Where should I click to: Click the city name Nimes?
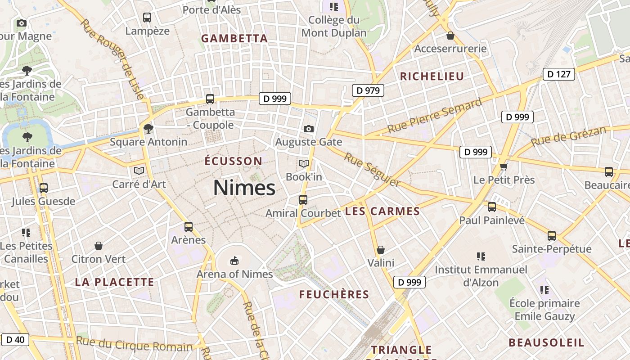(x=244, y=188)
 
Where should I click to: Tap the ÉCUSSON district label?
(x=233, y=161)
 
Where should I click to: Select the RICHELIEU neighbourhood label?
(x=432, y=76)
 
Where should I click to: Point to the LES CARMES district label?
(x=382, y=211)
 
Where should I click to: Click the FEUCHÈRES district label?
(x=334, y=294)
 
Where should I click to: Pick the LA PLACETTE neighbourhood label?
(x=114, y=282)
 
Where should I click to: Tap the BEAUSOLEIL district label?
(x=546, y=342)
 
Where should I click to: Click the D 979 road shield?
(x=368, y=90)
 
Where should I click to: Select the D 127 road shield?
(x=559, y=74)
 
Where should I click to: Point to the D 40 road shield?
(x=16, y=339)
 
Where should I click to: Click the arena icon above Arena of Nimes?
(x=234, y=261)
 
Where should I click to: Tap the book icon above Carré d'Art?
(x=139, y=171)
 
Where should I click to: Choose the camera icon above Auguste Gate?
(x=308, y=129)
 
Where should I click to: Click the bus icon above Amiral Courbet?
(x=303, y=199)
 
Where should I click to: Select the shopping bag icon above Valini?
(x=381, y=249)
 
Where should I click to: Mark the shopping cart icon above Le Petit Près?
(x=504, y=167)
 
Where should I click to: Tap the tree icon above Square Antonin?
(x=148, y=129)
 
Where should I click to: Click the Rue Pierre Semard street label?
(x=434, y=116)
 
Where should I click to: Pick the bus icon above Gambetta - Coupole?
(x=210, y=99)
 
